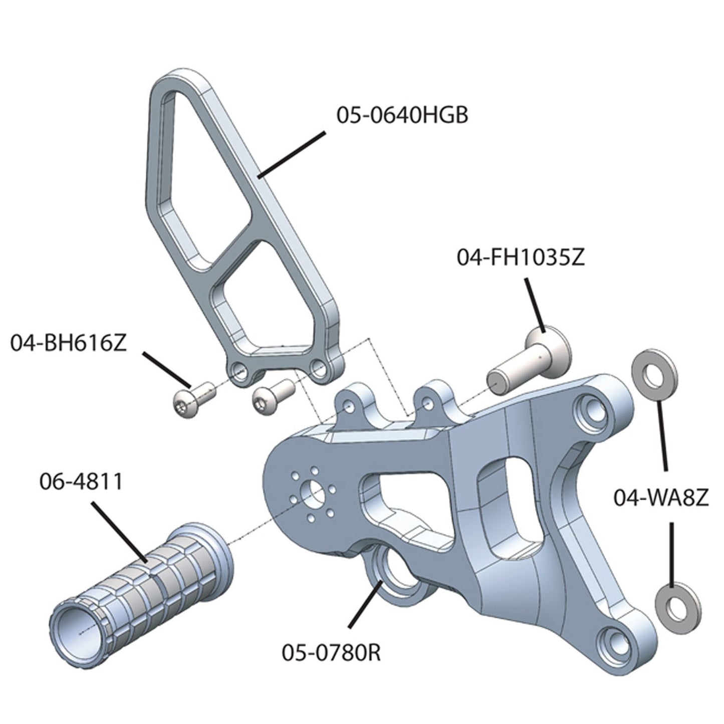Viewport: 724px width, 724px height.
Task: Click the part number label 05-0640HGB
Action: click(x=402, y=115)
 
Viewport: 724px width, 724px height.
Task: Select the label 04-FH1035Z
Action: click(x=520, y=259)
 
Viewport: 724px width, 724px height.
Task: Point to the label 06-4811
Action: click(x=80, y=482)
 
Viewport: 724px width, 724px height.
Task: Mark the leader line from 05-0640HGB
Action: click(x=291, y=154)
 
